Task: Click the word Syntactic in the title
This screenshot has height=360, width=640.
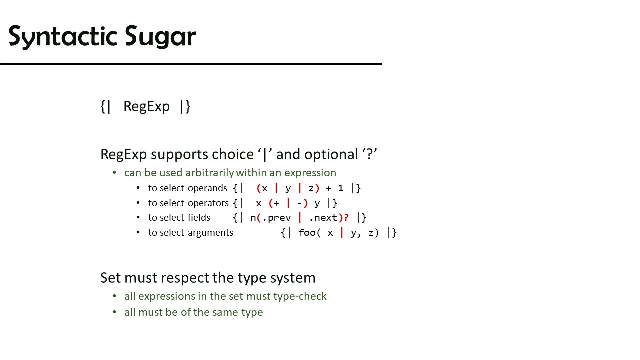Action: click(x=63, y=36)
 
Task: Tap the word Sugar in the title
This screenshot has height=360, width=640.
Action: click(x=160, y=36)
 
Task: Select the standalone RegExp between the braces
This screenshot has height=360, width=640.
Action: click(x=146, y=107)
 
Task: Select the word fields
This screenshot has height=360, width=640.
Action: click(x=199, y=217)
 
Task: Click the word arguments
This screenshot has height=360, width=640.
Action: click(x=211, y=233)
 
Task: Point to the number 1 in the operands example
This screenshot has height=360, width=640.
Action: click(x=340, y=188)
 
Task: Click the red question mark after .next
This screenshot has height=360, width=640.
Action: click(x=346, y=218)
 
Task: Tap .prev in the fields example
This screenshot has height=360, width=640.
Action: click(x=276, y=218)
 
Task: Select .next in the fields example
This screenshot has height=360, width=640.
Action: click(x=323, y=218)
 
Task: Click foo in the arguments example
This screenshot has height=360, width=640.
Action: click(x=307, y=233)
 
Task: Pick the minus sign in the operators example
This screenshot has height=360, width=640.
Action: click(x=300, y=203)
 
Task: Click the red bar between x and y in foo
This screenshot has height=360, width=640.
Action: click(x=342, y=233)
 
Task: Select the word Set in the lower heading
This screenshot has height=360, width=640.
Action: click(x=111, y=278)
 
